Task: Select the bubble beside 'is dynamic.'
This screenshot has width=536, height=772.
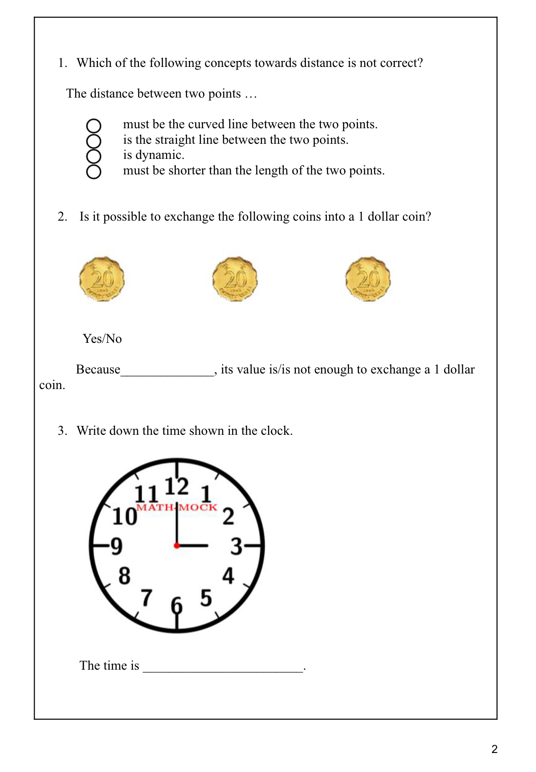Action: coord(94,156)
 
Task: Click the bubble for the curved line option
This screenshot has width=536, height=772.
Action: coord(94,126)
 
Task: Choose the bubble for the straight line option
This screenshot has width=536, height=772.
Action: coord(94,141)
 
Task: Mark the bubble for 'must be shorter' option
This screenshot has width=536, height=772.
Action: coord(94,171)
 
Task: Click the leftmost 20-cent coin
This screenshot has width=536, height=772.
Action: coord(102,279)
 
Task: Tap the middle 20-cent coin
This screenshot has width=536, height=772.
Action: coord(235,279)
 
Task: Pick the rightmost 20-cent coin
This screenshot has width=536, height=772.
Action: coord(368,279)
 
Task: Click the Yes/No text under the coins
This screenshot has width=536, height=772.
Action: coord(102,339)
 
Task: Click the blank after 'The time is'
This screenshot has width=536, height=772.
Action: coord(223,667)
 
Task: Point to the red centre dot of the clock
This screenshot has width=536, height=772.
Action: coord(177,546)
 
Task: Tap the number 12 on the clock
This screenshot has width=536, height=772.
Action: coord(177,487)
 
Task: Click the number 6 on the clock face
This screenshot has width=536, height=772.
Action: coord(177,605)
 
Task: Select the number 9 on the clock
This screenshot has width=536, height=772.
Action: coord(117,546)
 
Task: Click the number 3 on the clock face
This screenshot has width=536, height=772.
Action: coord(236,546)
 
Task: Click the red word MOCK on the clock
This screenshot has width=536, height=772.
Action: coord(198,507)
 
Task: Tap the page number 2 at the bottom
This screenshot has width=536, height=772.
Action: coord(495,749)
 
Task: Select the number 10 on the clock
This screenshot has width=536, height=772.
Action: coord(124,517)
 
